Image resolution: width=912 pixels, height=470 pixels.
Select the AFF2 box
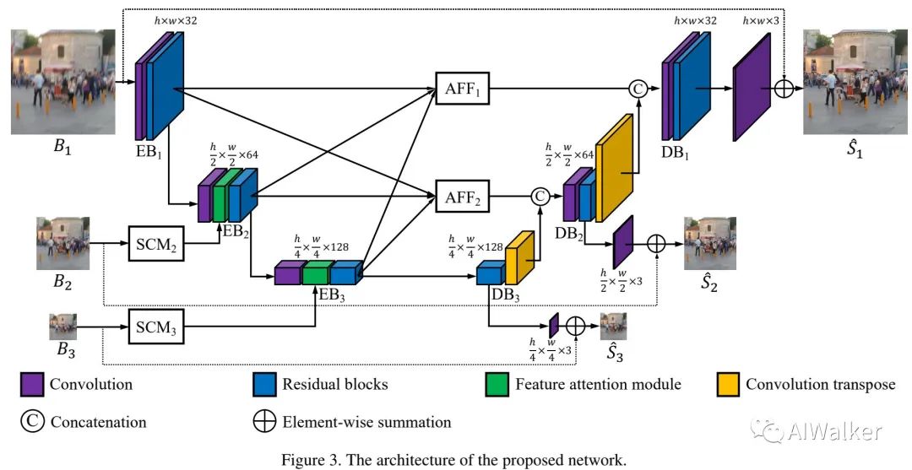[463, 197]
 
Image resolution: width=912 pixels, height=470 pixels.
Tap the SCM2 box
[156, 243]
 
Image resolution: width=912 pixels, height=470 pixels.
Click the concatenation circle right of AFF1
[638, 89]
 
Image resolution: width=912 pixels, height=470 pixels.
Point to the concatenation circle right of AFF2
[540, 197]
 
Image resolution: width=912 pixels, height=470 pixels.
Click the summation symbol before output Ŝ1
[784, 89]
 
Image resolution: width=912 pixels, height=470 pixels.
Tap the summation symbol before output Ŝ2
[656, 244]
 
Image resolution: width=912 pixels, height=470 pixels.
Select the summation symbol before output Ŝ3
[576, 326]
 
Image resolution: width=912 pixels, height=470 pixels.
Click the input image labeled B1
[62, 82]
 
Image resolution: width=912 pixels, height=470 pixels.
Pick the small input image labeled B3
[62, 327]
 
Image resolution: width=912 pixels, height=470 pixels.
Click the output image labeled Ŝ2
[710, 243]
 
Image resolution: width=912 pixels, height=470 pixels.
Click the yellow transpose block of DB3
[519, 257]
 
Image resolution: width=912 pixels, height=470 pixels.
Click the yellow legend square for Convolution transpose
[728, 385]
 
